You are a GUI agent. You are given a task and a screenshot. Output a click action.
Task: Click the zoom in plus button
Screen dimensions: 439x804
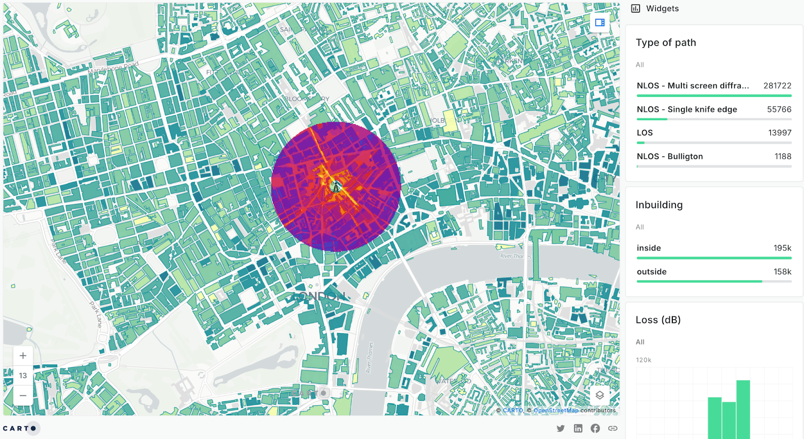tap(23, 356)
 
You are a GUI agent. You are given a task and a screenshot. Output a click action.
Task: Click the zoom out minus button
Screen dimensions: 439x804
tap(23, 396)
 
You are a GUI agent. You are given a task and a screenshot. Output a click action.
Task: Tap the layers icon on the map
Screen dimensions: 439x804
tap(599, 395)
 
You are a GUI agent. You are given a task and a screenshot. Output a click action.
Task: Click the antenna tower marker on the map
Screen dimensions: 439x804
tap(336, 187)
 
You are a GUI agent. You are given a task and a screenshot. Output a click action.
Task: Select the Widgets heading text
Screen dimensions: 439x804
tap(662, 9)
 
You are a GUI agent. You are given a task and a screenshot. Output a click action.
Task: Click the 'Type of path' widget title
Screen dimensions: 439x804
tap(666, 43)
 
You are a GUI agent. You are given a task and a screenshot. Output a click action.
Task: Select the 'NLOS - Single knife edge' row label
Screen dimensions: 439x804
tap(686, 110)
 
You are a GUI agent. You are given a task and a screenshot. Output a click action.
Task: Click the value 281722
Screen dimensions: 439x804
tap(777, 86)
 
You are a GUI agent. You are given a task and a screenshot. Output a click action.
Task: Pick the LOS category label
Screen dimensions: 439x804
tap(645, 133)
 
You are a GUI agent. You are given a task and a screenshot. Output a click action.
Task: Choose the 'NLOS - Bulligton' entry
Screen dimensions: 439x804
tap(670, 157)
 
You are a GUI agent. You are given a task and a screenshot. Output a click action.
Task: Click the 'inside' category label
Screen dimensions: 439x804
tap(649, 248)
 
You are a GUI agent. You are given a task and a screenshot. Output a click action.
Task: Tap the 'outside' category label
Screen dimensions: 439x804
tap(652, 272)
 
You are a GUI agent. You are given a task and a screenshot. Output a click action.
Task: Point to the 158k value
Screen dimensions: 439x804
tap(782, 272)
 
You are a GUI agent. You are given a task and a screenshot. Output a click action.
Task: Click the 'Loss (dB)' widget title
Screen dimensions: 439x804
tap(658, 320)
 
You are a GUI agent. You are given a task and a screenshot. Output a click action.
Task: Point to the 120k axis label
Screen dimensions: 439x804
tap(644, 360)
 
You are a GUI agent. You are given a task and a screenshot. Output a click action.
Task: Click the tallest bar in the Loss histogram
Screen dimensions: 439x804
tap(743, 410)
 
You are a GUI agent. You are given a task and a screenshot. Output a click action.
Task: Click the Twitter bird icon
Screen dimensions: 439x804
tap(561, 428)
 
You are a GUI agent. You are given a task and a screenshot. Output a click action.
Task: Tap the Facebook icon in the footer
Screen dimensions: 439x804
tap(595, 428)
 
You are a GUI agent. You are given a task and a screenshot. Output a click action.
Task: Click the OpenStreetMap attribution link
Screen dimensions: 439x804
tap(556, 411)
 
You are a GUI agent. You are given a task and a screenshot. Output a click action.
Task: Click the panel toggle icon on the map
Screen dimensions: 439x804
tap(599, 23)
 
